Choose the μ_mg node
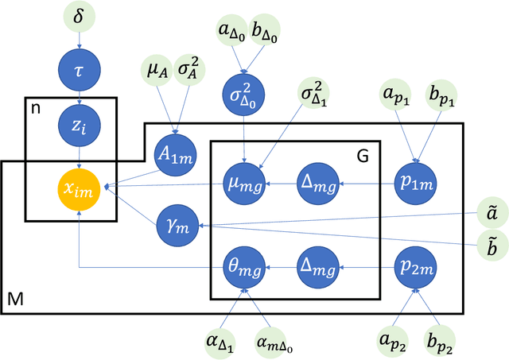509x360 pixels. pyautogui.click(x=246, y=185)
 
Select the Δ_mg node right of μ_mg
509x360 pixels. pyautogui.click(x=319, y=185)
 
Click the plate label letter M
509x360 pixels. pyautogui.click(x=14, y=300)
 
